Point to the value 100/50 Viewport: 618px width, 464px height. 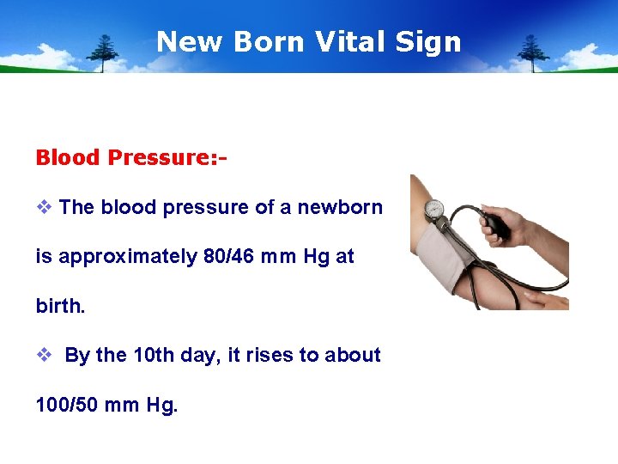click(67, 404)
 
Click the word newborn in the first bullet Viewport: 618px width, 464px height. click(340, 207)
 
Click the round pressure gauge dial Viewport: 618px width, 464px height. click(434, 209)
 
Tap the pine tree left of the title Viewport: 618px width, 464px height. click(105, 52)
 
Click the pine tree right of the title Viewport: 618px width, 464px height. click(534, 52)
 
